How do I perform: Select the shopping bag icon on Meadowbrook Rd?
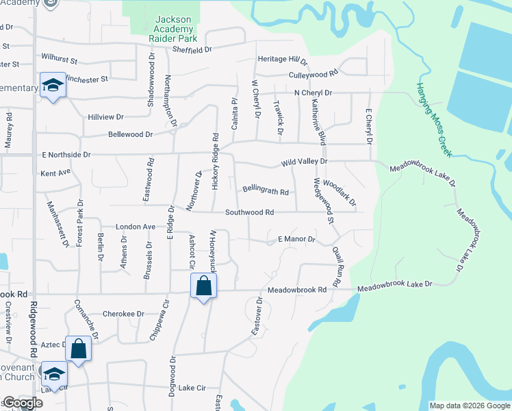click(203, 286)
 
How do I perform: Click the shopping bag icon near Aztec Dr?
click(79, 348)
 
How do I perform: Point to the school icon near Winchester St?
click(53, 85)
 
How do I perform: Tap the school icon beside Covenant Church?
click(53, 373)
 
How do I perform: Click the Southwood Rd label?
click(250, 212)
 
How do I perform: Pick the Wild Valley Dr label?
click(305, 162)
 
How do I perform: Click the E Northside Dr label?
click(66, 155)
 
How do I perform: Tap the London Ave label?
click(136, 227)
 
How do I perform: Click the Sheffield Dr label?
click(193, 49)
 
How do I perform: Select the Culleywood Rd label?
click(314, 73)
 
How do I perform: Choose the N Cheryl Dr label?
click(313, 92)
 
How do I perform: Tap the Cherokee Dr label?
click(123, 314)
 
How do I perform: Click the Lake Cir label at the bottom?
click(192, 388)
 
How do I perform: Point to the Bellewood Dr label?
click(131, 135)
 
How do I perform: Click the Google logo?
click(23, 403)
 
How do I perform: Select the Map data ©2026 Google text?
click(469, 406)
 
